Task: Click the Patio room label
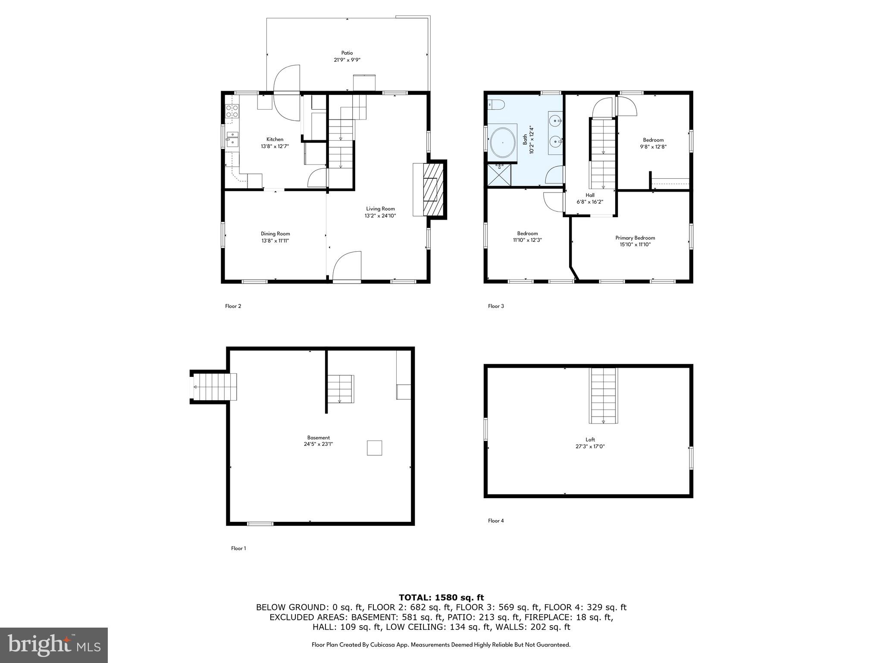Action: coord(347,53)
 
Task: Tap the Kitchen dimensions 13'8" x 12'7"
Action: coord(275,146)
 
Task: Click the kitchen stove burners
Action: coord(232,111)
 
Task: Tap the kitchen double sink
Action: coord(232,139)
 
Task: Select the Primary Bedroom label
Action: coord(635,238)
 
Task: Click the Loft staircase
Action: coord(603,395)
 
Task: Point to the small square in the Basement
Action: coord(374,448)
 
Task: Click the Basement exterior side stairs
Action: coord(215,387)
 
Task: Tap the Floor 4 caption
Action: coord(496,521)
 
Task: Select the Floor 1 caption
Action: coord(238,548)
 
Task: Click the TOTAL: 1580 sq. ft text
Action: coord(441,598)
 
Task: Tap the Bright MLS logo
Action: coord(53,645)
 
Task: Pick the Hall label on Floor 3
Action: coord(590,195)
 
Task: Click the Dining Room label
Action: coord(275,234)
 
